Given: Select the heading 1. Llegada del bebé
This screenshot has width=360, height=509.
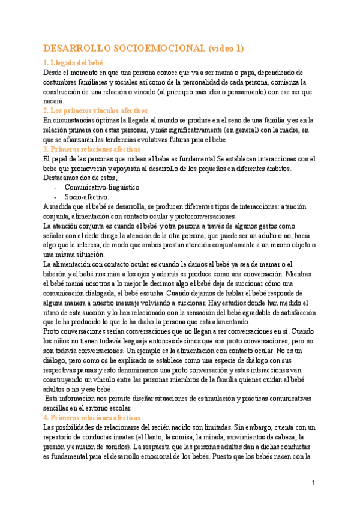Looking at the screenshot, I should point(73,62).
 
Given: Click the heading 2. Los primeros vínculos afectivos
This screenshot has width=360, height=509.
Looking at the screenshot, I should point(95,111).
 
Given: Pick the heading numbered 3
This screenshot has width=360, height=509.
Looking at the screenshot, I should point(92,149).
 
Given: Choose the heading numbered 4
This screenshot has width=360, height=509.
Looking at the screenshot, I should point(92,416).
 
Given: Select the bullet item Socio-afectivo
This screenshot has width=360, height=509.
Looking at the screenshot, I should point(87,196).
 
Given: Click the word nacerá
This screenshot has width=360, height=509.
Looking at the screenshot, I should point(54,101).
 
